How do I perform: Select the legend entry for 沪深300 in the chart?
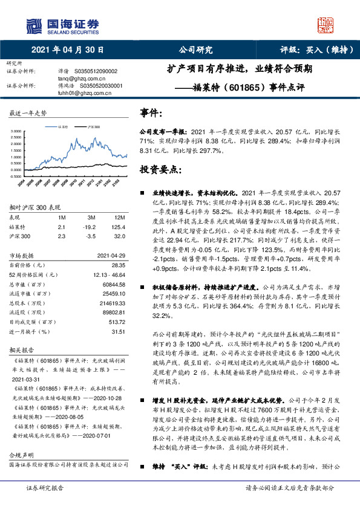tap(93, 128)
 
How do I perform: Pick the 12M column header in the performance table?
tap(119, 217)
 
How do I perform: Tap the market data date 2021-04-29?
tap(111, 255)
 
